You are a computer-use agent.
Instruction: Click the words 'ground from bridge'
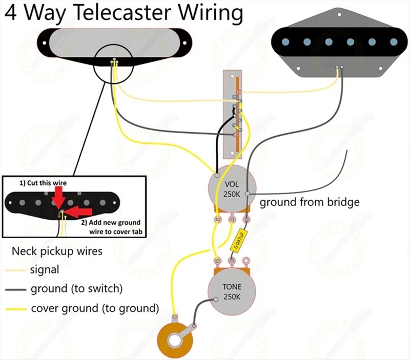tap(310, 202)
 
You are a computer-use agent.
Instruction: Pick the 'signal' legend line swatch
tap(15, 269)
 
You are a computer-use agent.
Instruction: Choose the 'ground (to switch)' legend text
tap(76, 289)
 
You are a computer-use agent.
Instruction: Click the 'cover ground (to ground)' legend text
tap(95, 308)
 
